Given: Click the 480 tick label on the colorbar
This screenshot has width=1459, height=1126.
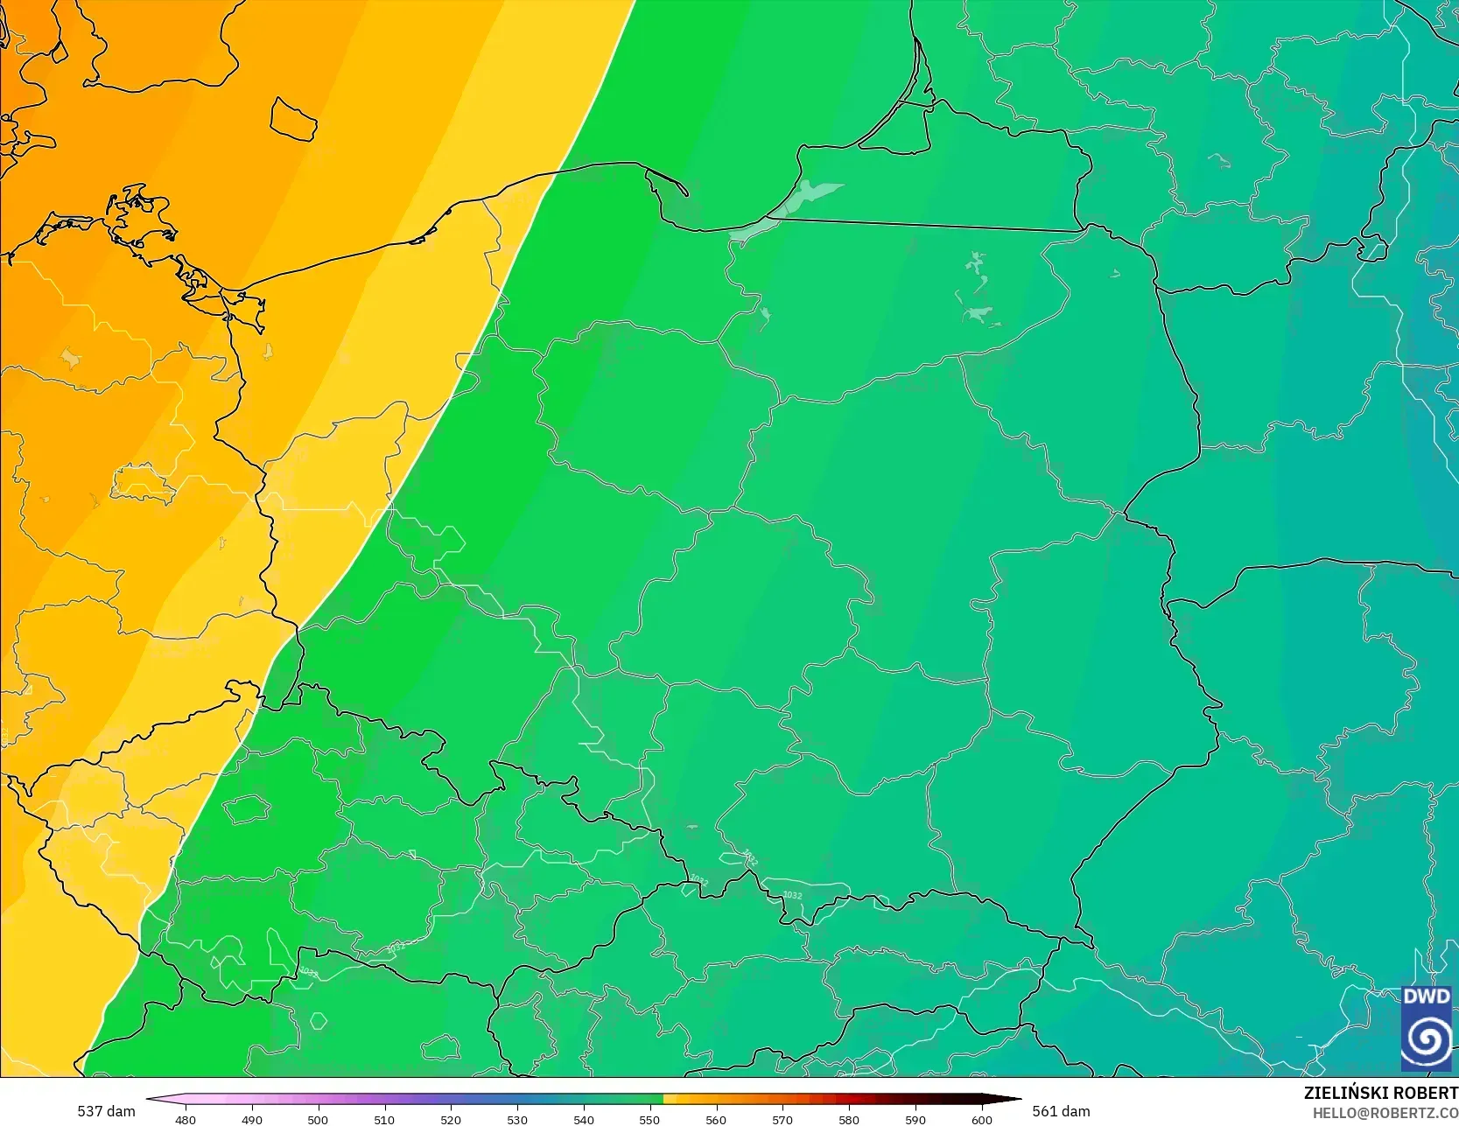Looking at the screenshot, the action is point(186,1119).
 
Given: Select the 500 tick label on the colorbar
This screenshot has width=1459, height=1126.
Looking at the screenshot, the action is point(318,1119).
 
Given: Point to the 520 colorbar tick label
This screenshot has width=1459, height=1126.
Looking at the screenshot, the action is point(451,1119).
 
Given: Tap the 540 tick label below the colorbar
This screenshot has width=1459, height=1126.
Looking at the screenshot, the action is point(584,1119).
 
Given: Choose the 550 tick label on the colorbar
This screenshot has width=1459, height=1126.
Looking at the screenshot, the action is point(649,1119).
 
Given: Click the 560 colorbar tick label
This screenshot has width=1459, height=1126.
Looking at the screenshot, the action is point(716,1119).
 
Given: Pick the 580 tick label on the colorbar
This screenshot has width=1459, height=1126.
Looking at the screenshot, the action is point(849,1119).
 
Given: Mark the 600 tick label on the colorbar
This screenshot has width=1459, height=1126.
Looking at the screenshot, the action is point(982,1119).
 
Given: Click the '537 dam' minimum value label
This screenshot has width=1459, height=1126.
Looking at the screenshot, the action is point(106,1111).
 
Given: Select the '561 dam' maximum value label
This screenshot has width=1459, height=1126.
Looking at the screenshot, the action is point(1061,1111).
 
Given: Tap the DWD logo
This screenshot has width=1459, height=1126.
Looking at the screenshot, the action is point(1426,1029).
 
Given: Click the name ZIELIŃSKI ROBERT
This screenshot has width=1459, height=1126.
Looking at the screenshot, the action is point(1380,1093).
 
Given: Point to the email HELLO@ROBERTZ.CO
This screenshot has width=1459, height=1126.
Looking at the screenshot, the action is point(1385,1113).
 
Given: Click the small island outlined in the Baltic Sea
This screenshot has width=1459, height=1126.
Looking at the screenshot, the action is point(293,120).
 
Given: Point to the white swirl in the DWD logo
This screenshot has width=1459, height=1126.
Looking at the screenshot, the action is point(1426,1040).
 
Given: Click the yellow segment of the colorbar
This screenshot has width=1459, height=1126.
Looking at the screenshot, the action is point(670,1099).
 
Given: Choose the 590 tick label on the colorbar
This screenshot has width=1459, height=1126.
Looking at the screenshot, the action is point(915,1119).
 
